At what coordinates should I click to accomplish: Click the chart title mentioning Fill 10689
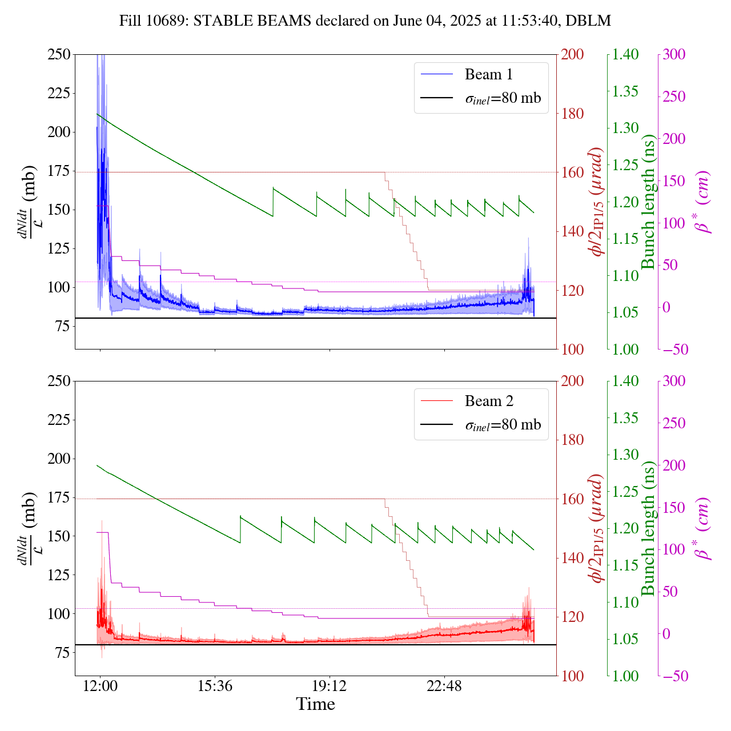pos(365,21)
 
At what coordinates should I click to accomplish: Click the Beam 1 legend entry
pos(488,74)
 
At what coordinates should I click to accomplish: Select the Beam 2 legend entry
pos(488,401)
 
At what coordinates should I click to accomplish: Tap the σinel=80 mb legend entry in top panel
pos(503,98)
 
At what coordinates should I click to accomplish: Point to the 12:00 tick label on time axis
pos(101,685)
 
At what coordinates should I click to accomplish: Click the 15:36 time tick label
pos(215,685)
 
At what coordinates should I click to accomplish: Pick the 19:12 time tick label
pos(330,685)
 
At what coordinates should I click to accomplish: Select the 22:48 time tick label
pos(444,685)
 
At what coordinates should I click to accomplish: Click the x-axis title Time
pos(315,704)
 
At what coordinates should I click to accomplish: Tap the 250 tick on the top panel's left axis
pos(58,55)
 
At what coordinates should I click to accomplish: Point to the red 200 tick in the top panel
pos(572,55)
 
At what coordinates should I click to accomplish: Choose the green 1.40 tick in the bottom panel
pos(626,381)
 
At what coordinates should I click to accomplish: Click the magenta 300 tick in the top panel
pos(674,55)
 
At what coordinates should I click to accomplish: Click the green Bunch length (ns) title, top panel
pos(648,202)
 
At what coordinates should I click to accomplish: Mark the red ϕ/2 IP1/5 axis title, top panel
pos(597,202)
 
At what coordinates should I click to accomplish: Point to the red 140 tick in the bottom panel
pos(572,558)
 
